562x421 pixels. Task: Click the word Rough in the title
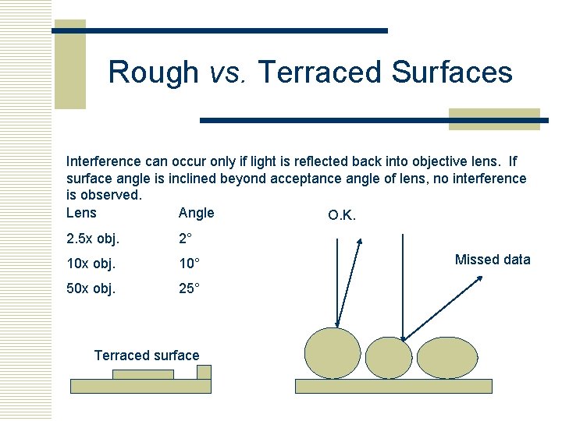point(154,73)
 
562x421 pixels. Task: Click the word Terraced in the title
point(320,73)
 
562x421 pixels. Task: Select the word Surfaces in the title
point(452,73)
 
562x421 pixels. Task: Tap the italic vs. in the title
point(227,73)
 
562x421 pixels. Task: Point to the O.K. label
point(342,215)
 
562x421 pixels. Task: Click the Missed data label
point(493,260)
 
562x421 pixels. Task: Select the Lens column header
point(82,213)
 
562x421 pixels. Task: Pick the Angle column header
point(196,213)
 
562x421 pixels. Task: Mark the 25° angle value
point(190,288)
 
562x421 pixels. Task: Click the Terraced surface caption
point(147,356)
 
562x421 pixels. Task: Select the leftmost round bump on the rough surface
point(333,353)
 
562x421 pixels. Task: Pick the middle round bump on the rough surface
point(388,358)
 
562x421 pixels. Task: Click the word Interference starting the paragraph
point(104,162)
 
